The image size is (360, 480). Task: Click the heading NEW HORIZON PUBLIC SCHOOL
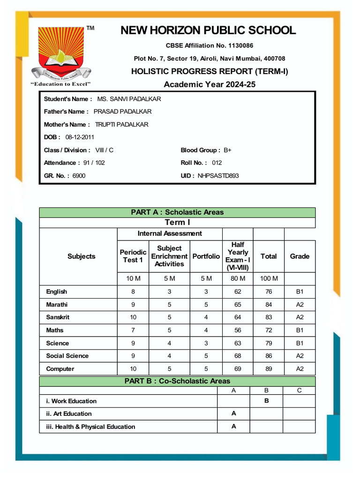tap(208, 31)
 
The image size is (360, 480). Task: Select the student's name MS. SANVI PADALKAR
tap(129, 99)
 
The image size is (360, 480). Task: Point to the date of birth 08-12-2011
tap(80, 137)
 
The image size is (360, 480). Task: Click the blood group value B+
tap(227, 150)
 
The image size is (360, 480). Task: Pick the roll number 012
tap(217, 163)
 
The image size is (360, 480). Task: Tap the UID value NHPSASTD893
tap(218, 176)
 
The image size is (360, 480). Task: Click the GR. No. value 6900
tap(79, 176)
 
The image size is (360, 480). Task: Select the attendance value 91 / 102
tap(94, 163)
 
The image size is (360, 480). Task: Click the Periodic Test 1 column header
tap(133, 256)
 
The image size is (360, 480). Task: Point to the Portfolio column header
tap(206, 256)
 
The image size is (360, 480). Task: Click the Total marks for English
tap(269, 292)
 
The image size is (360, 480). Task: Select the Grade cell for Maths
tap(300, 330)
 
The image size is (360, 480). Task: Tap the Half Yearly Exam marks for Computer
tap(238, 369)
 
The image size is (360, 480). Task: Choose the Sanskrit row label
tap(58, 317)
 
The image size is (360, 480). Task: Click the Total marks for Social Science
tap(269, 356)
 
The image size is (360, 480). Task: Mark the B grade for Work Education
tap(266, 401)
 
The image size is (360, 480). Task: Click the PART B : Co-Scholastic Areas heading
tap(177, 381)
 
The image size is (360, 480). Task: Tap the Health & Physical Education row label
tap(90, 427)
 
